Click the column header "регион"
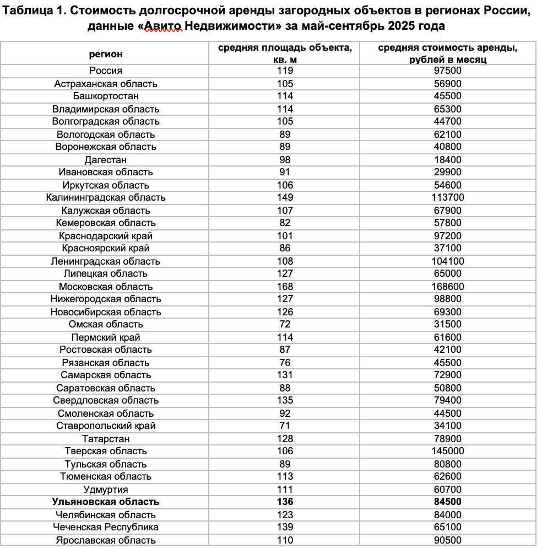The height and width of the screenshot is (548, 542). click(x=106, y=54)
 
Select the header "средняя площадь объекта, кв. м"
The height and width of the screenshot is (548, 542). click(x=285, y=53)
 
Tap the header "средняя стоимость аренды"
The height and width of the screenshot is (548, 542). click(x=447, y=48)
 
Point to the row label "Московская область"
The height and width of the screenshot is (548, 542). click(x=106, y=287)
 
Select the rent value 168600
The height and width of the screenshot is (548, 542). click(x=447, y=287)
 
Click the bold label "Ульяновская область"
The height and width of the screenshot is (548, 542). click(x=106, y=502)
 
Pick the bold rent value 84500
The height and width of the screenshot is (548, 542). click(x=447, y=502)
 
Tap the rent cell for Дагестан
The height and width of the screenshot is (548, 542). click(x=447, y=160)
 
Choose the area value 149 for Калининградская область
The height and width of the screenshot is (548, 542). click(x=285, y=197)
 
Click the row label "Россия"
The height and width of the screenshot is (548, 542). click(x=106, y=71)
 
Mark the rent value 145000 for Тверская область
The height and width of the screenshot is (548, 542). click(x=447, y=451)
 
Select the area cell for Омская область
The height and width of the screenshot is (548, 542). click(x=285, y=324)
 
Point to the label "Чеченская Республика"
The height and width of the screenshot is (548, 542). click(x=106, y=527)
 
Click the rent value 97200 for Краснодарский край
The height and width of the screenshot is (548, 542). click(x=447, y=236)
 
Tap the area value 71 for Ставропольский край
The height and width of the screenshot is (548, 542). click(x=285, y=426)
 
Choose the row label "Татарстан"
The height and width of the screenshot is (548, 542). click(x=106, y=439)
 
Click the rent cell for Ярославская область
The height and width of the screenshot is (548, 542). click(x=447, y=540)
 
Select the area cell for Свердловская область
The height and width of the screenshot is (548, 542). click(x=285, y=400)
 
